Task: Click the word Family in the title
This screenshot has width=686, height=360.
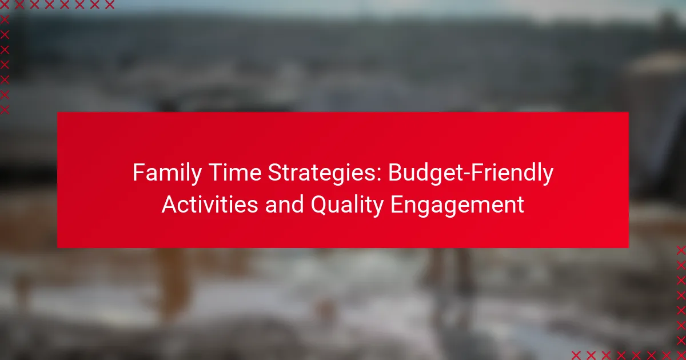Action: click(167, 173)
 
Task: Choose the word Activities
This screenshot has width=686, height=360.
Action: click(210, 204)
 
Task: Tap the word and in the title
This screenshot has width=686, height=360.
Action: click(284, 204)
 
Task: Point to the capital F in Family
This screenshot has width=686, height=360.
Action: click(139, 173)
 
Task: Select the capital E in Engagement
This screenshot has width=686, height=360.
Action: click(397, 205)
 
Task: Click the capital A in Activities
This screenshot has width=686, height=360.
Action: click(170, 205)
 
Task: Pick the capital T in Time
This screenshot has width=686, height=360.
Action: click(216, 173)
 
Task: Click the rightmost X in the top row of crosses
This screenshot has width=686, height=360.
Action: click(110, 5)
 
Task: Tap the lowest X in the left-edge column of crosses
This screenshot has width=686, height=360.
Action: click(5, 110)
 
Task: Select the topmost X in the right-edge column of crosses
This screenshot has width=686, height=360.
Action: click(681, 250)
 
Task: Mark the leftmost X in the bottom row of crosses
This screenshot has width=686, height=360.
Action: click(576, 355)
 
